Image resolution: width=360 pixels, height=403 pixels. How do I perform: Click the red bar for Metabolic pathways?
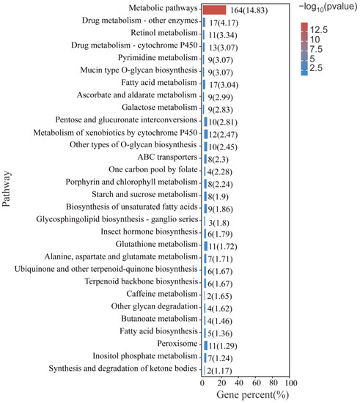click(214, 10)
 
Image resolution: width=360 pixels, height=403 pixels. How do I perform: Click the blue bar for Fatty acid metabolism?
click(205, 84)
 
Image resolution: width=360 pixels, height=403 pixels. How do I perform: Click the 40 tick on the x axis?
click(238, 383)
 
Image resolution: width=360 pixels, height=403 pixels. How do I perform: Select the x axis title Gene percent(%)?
click(248, 396)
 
